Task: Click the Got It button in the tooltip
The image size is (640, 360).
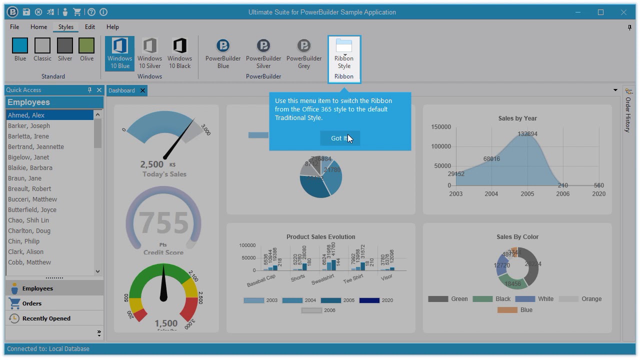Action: pos(339,138)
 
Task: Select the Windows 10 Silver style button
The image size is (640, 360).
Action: pos(149,53)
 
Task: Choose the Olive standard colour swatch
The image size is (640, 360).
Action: pos(86,49)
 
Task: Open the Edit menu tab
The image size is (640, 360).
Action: pos(90,27)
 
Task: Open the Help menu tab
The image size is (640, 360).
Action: pos(112,27)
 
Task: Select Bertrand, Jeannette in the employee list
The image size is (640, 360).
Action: pos(36,147)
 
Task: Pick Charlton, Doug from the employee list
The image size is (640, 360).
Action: pos(29,231)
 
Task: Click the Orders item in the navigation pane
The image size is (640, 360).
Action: pos(31,303)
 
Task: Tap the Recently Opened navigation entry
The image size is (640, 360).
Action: pos(46,318)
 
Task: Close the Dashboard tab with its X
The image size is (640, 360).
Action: pos(142,90)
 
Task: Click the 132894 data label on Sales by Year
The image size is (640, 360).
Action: pos(527,134)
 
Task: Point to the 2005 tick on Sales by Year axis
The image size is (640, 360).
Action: pos(527,194)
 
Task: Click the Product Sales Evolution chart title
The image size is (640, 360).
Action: pos(320,237)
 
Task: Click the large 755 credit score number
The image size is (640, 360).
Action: pos(163,223)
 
